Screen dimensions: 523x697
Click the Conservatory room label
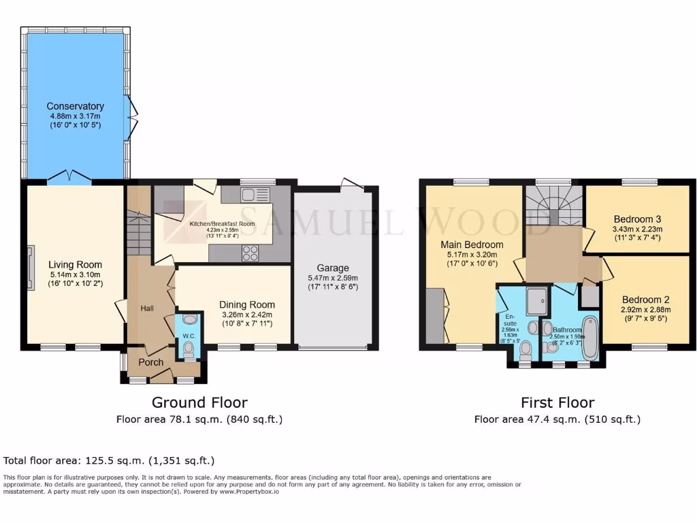pos(75,106)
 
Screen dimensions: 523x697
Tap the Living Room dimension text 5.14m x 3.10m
pos(75,275)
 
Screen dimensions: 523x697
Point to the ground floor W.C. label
pos(189,334)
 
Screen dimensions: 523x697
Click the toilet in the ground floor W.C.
pos(189,349)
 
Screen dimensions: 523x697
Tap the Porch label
pos(150,362)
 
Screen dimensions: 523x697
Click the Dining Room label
pos(247,304)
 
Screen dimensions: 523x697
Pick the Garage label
pos(333,268)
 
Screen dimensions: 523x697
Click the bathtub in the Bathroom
pos(589,338)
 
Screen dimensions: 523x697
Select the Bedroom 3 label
pos(637,219)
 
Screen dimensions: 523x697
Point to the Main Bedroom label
pos(472,244)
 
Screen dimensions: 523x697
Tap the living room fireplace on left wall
pos(30,268)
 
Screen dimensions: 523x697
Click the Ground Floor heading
pos(199,402)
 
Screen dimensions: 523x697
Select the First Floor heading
pos(557,402)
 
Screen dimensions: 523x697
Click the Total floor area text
pos(109,461)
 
